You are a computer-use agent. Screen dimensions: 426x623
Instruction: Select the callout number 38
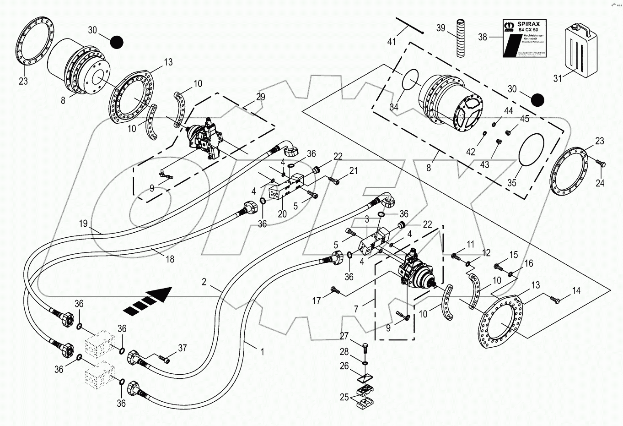tap(483, 37)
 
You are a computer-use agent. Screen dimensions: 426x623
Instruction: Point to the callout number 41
tap(392, 42)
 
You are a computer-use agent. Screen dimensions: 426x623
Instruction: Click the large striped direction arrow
tap(148, 300)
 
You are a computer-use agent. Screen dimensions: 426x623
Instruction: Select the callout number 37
tap(183, 349)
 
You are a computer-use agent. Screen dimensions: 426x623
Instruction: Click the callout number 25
tap(344, 397)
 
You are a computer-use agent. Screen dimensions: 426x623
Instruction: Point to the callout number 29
tap(260, 97)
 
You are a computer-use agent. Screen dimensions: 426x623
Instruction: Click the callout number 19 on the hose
tap(83, 224)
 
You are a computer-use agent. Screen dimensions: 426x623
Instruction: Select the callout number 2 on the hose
tap(204, 282)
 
